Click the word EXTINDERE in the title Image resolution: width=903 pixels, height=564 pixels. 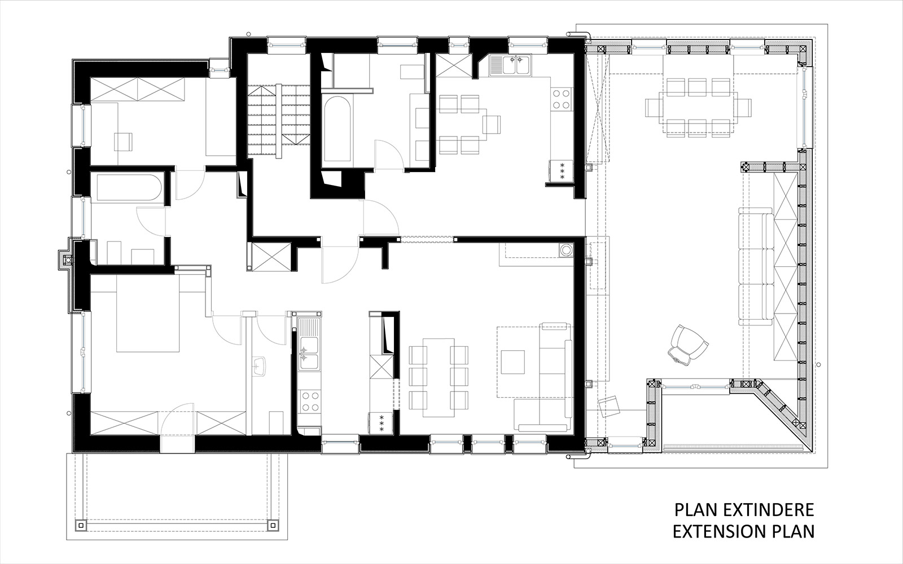click(768, 510)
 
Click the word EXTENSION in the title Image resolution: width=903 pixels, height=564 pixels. click(720, 531)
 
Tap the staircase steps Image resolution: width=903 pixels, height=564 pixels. click(278, 121)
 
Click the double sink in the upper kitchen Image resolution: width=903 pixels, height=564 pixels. click(510, 65)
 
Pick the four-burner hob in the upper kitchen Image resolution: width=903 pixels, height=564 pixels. click(561, 99)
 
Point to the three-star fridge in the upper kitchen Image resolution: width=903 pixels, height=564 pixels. click(561, 171)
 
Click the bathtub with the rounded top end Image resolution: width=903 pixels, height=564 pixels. click(338, 129)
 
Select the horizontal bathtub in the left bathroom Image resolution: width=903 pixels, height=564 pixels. click(126, 188)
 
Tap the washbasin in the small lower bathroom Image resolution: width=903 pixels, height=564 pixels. click(259, 366)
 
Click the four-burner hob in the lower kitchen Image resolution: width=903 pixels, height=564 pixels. click(309, 401)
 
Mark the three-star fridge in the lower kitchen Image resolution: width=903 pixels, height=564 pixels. click(380, 424)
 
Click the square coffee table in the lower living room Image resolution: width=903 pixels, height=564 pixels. click(513, 362)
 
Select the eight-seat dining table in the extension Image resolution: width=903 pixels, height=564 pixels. click(699, 107)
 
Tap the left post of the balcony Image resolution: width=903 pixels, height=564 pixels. click(80, 525)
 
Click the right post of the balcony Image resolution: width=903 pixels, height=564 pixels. click(273, 525)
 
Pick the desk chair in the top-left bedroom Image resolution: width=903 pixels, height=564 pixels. click(123, 142)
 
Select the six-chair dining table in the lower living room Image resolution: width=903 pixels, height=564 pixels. click(439, 378)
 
